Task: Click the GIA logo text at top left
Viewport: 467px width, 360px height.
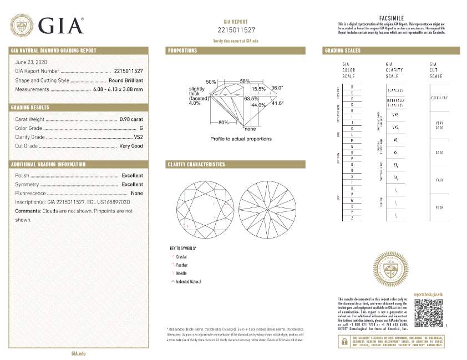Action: (60, 26)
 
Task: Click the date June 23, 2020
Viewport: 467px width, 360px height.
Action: (32, 62)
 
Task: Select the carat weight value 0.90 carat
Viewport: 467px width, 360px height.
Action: (131, 119)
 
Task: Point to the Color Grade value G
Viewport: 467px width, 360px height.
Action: (141, 128)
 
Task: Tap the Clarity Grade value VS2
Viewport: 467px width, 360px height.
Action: (139, 137)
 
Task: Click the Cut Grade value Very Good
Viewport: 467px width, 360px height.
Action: (131, 146)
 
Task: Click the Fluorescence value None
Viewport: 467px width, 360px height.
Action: (137, 193)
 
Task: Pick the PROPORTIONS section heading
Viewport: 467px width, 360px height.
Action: (182, 51)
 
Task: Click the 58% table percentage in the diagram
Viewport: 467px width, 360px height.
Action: (245, 82)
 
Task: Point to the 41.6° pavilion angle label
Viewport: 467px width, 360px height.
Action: (277, 103)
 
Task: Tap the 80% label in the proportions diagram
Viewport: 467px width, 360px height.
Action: (224, 122)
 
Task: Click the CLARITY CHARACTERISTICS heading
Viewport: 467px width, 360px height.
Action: (196, 165)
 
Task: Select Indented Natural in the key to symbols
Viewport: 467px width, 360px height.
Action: (189, 282)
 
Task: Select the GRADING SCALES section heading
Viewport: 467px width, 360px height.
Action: (342, 51)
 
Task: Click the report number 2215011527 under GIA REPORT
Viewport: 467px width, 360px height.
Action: (236, 29)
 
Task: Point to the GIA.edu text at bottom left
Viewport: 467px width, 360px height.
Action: (78, 353)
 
